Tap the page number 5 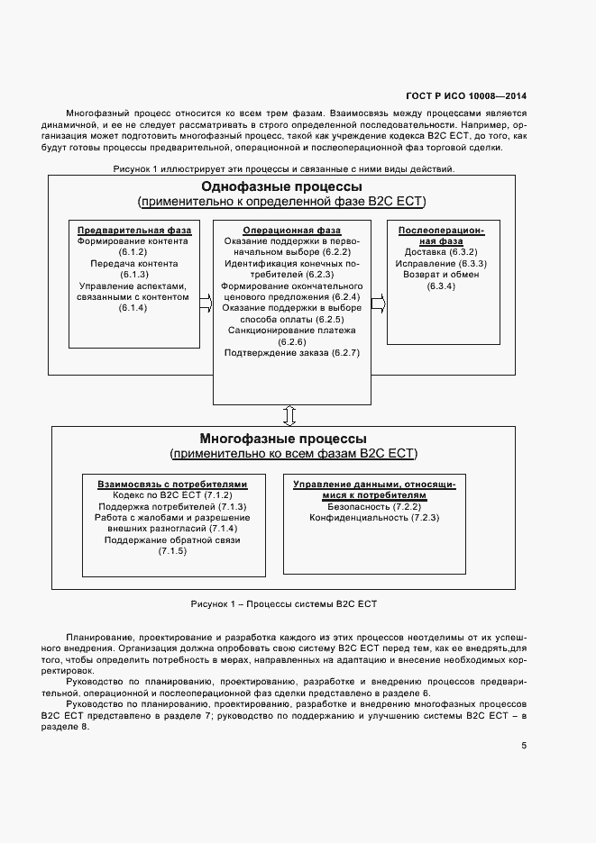click(x=524, y=745)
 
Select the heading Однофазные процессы click(x=280, y=186)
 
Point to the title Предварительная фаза click(x=133, y=230)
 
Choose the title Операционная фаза click(x=292, y=230)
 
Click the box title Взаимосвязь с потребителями click(x=172, y=484)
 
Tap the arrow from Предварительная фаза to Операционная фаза click(x=206, y=306)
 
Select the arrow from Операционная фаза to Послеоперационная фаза click(x=378, y=306)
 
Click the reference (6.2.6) click(x=292, y=342)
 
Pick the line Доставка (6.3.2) click(x=441, y=252)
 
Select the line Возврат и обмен click(x=441, y=275)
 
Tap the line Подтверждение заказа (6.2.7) click(x=292, y=353)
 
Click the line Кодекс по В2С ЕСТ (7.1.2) click(x=172, y=495)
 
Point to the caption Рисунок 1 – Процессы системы click(x=283, y=603)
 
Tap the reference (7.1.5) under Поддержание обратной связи click(x=172, y=551)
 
